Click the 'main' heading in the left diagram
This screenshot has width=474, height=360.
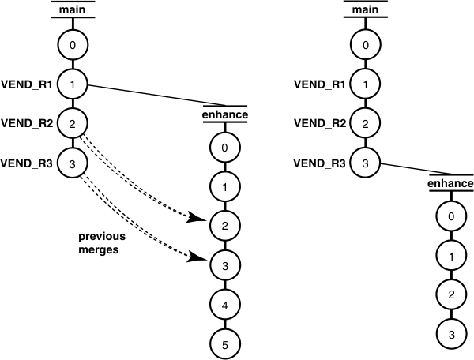click(x=73, y=9)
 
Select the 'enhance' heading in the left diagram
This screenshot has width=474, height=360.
click(x=225, y=115)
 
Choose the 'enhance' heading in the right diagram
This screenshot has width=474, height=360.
click(x=450, y=183)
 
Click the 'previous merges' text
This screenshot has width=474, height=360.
click(x=104, y=242)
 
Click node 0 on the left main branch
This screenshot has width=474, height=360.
click(x=73, y=45)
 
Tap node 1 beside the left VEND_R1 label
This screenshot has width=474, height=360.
click(x=73, y=84)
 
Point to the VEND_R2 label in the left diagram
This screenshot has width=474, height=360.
click(x=27, y=123)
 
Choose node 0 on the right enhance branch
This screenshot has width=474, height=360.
click(x=450, y=216)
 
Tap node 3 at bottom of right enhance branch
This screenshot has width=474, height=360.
click(x=450, y=333)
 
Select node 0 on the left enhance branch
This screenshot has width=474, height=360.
click(x=225, y=148)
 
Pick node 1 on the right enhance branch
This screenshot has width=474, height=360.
click(x=450, y=256)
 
